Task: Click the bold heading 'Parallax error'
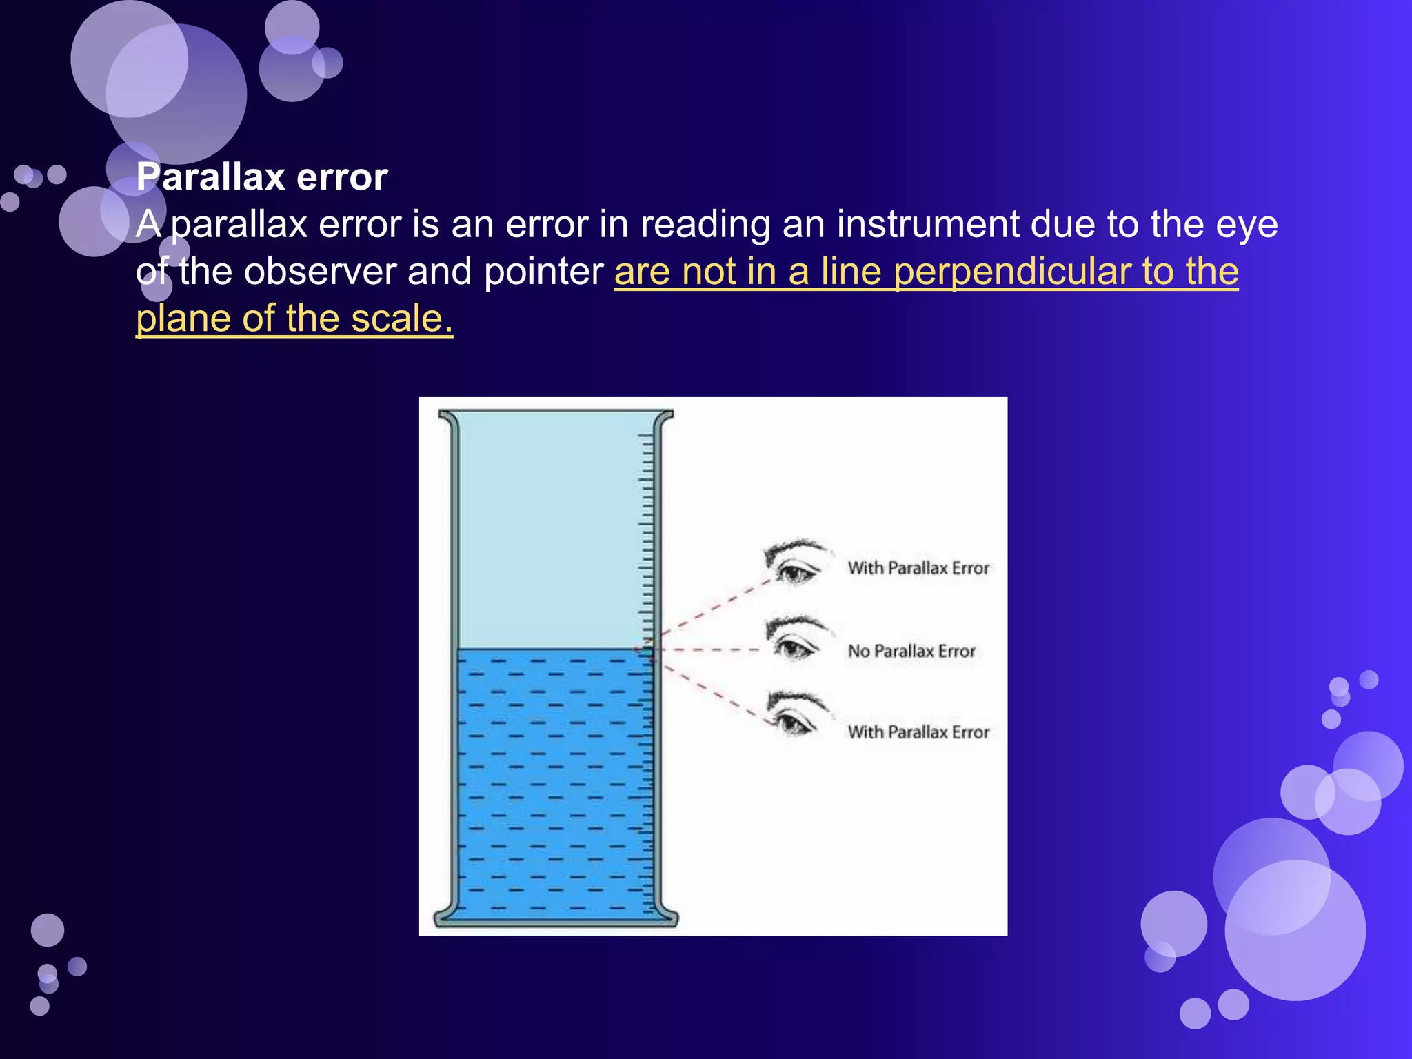(262, 177)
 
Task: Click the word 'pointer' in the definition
(543, 272)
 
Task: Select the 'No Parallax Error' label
(911, 651)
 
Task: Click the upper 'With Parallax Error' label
(918, 568)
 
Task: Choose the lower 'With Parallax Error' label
(918, 732)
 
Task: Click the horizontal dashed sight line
(710, 649)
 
